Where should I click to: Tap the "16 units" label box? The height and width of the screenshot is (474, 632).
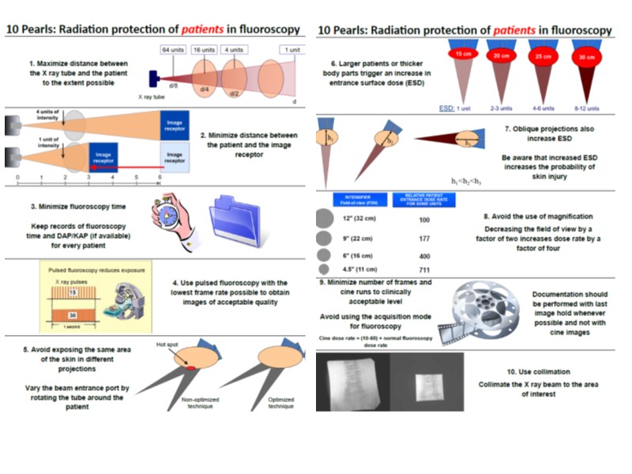pos(204,50)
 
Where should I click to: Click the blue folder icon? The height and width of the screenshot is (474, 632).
pos(235,221)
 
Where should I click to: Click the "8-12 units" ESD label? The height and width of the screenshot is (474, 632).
pos(585,107)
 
